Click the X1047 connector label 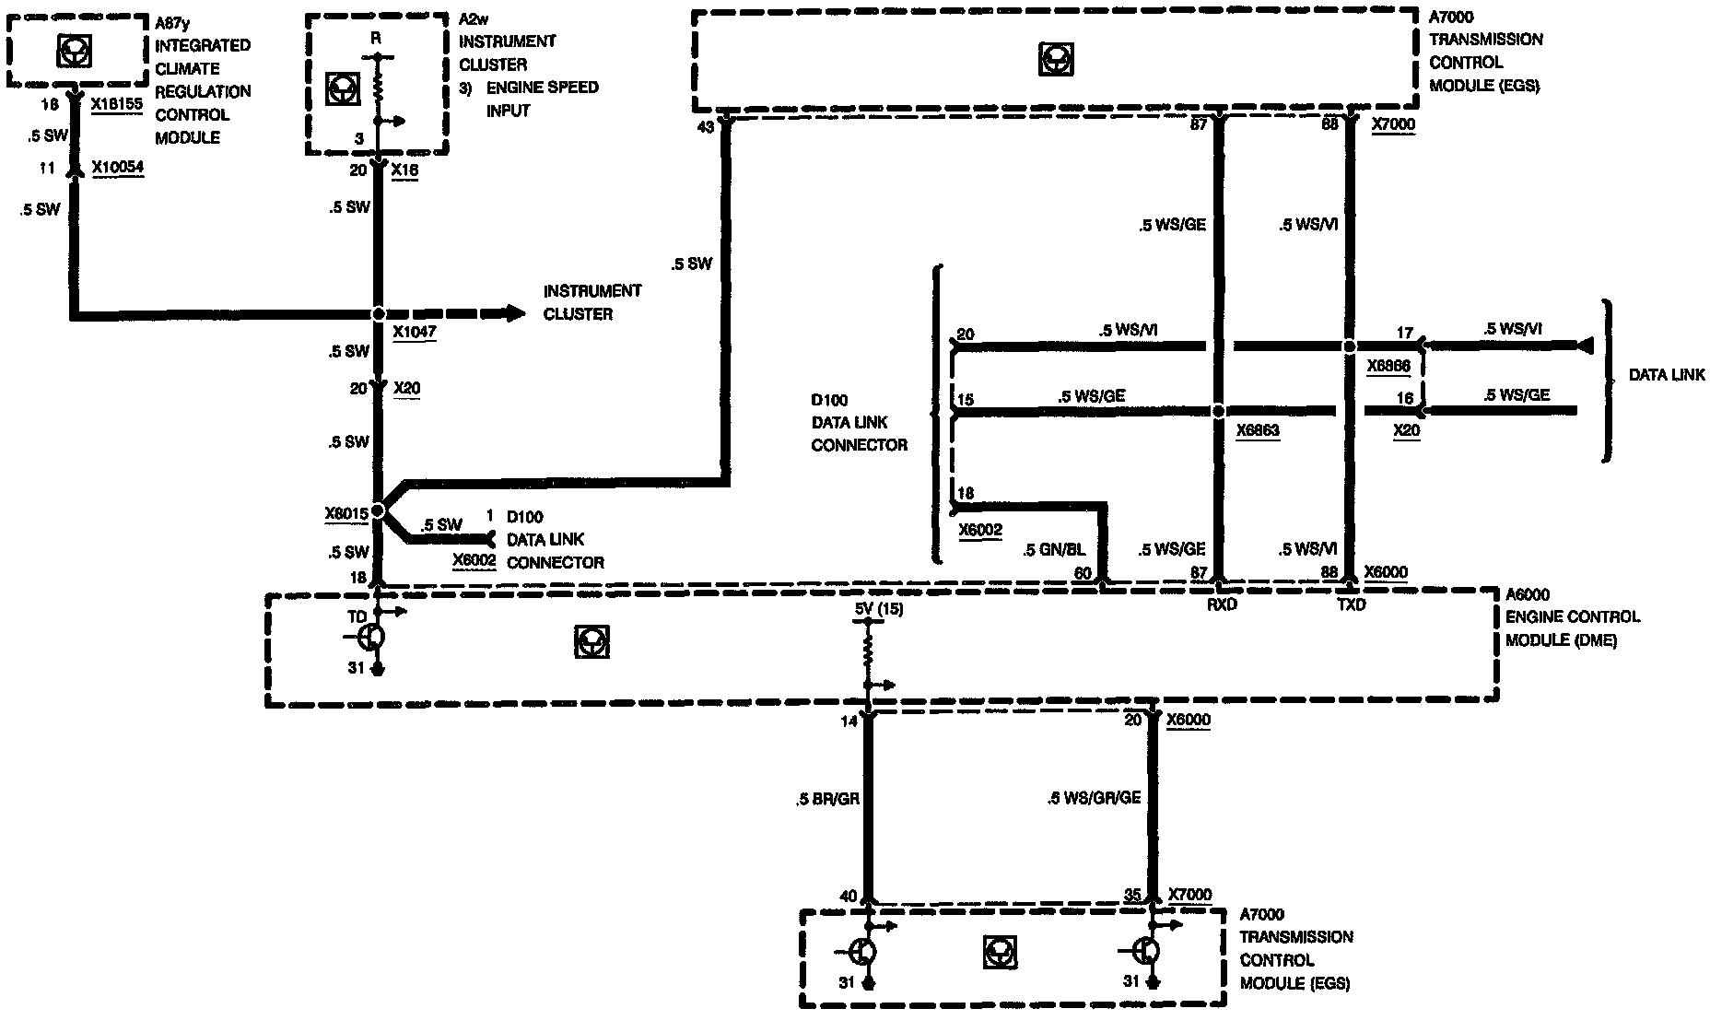[x=414, y=332]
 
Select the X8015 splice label [x=346, y=514]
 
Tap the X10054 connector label [x=117, y=168]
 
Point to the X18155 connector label [x=117, y=104]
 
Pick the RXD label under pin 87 [x=1221, y=604]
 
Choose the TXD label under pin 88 [x=1351, y=604]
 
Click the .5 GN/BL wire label [x=1054, y=550]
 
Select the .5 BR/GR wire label [x=827, y=799]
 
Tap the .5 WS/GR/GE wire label [x=1094, y=798]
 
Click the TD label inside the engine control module [x=357, y=616]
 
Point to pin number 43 [x=705, y=127]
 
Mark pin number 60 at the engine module [x=1083, y=573]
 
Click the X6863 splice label [x=1258, y=430]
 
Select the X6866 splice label [x=1388, y=366]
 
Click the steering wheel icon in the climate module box [x=74, y=52]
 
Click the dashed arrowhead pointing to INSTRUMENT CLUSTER [x=514, y=313]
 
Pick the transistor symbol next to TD [x=371, y=637]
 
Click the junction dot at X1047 [x=378, y=314]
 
